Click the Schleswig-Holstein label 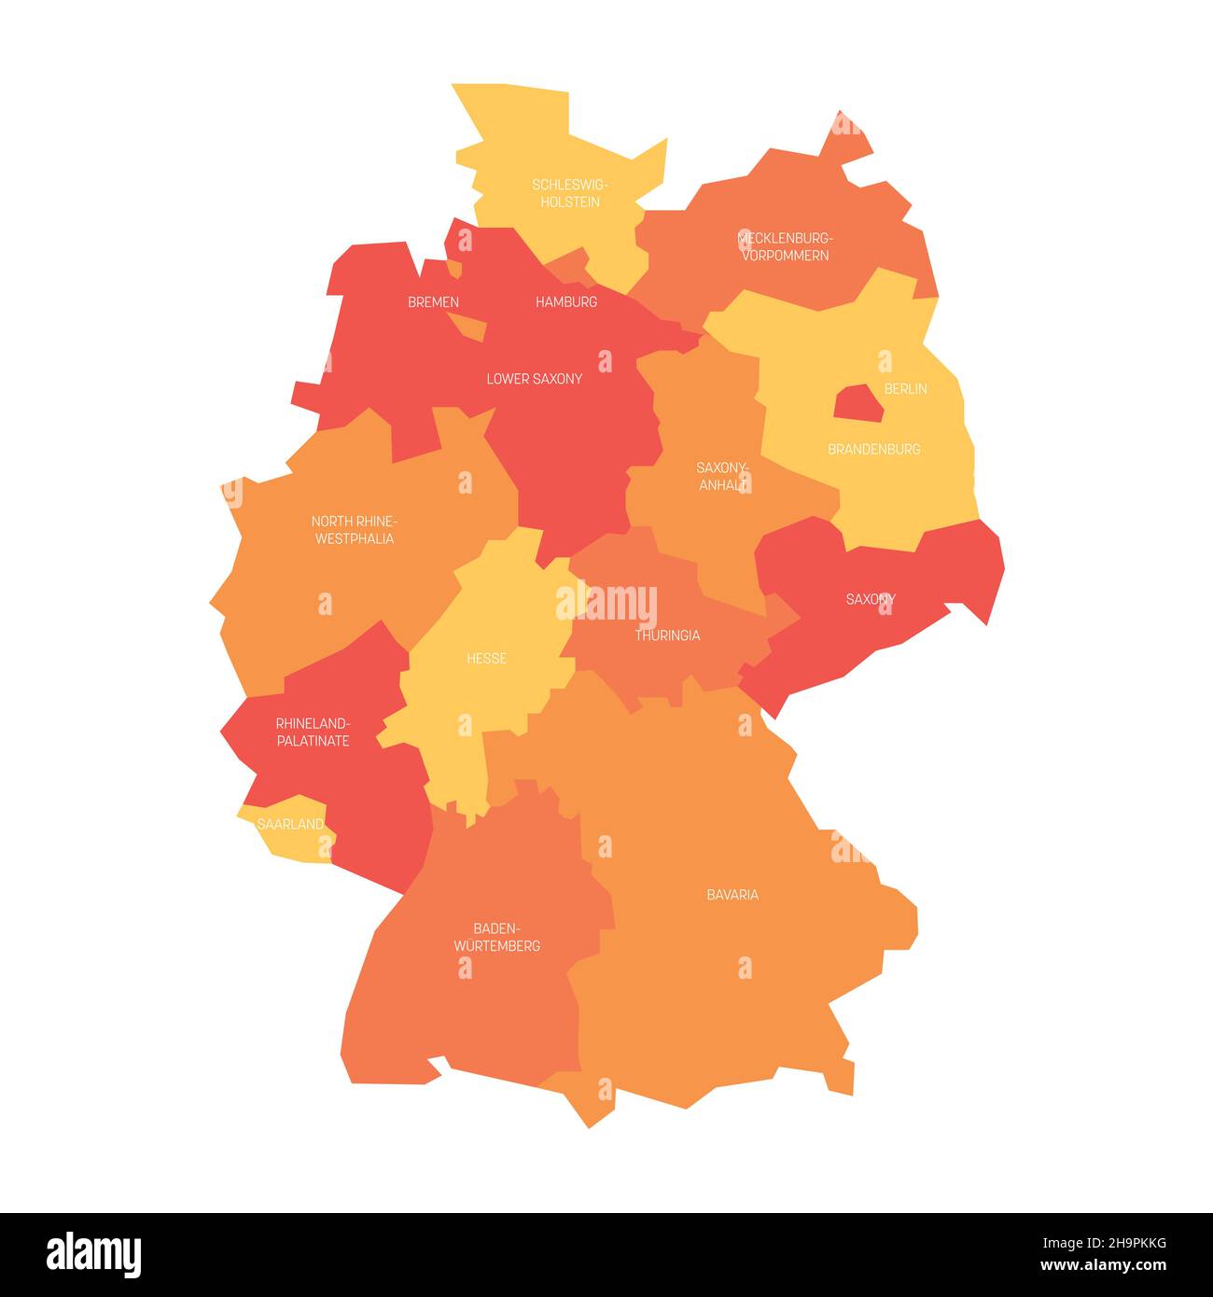click(x=570, y=193)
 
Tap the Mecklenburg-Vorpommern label click(x=785, y=246)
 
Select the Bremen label click(x=433, y=302)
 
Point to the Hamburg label click(x=566, y=302)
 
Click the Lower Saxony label click(x=534, y=379)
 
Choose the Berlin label click(x=905, y=388)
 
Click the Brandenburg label click(x=873, y=449)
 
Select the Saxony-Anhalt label click(x=723, y=476)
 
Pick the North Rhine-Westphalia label click(x=354, y=530)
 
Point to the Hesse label click(x=486, y=659)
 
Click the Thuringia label click(x=667, y=635)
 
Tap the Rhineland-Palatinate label click(x=313, y=732)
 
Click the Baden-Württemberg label click(x=496, y=937)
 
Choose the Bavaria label click(x=732, y=895)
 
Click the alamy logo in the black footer click(x=93, y=1254)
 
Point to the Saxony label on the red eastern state click(x=870, y=599)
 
